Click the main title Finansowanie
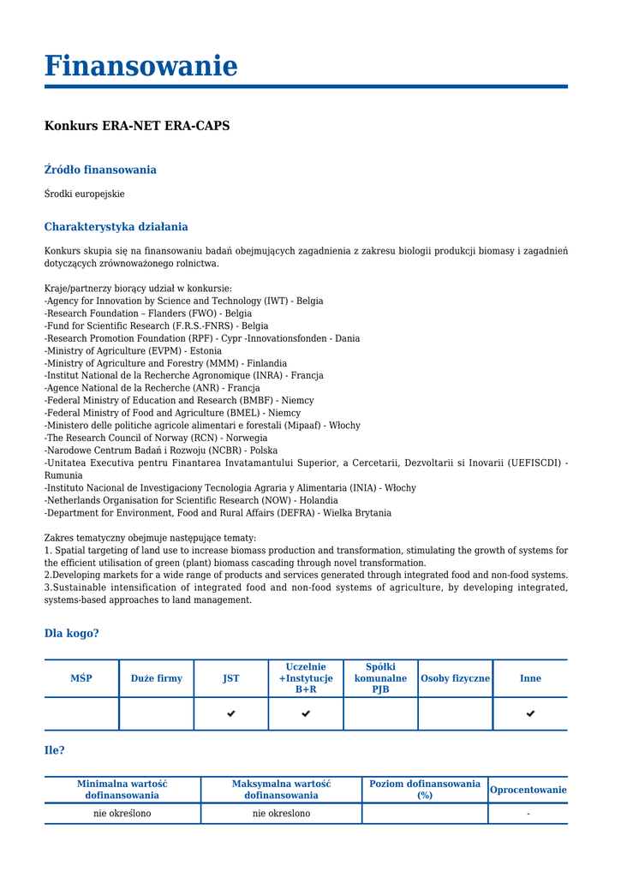pyautogui.click(x=140, y=66)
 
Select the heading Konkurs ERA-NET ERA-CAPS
pyautogui.click(x=137, y=126)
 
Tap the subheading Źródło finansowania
pyautogui.click(x=100, y=170)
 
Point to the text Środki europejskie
pyautogui.click(x=84, y=194)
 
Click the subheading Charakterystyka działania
pyautogui.click(x=116, y=227)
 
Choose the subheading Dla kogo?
pyautogui.click(x=71, y=634)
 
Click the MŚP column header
pyautogui.click(x=81, y=678)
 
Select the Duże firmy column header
pyautogui.click(x=156, y=678)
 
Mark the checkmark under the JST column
pyautogui.click(x=231, y=713)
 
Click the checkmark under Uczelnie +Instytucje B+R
pyautogui.click(x=306, y=713)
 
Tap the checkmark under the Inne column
pyautogui.click(x=530, y=713)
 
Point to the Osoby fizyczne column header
pyautogui.click(x=455, y=678)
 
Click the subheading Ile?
pyautogui.click(x=54, y=751)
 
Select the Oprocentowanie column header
pyautogui.click(x=528, y=790)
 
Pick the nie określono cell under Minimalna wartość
pyautogui.click(x=122, y=814)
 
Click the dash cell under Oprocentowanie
pyautogui.click(x=528, y=814)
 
